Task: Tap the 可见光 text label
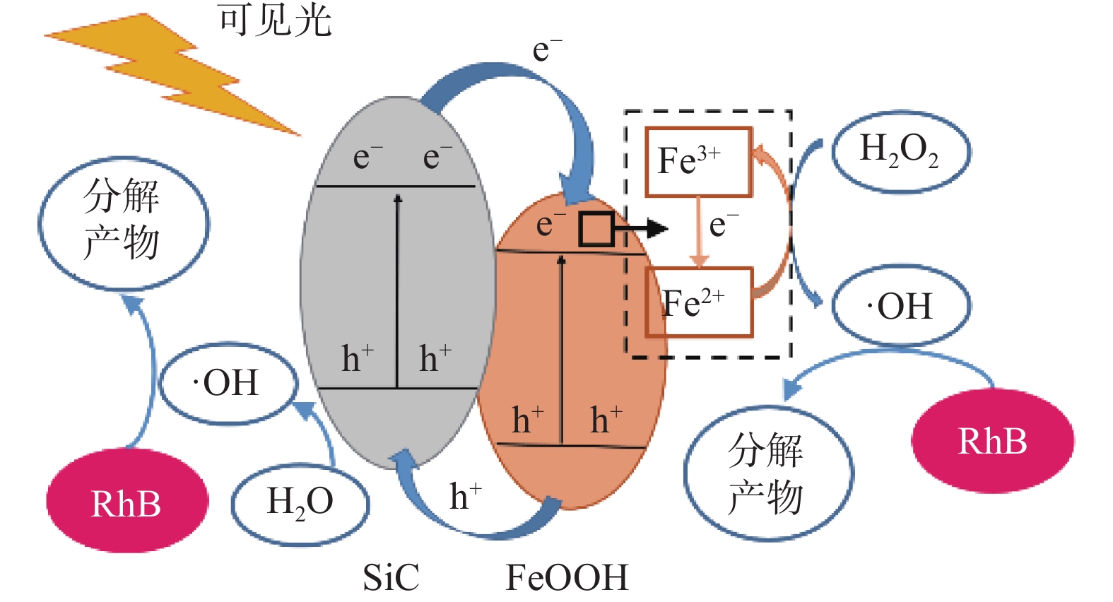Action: point(276,21)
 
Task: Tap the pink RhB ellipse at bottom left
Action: point(127,501)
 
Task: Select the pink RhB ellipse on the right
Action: point(993,440)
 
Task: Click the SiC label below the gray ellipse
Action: point(391,577)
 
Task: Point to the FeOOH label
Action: point(567,577)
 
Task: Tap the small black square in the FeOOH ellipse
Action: point(596,229)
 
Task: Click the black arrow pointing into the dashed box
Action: point(641,229)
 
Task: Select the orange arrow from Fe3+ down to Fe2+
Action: point(699,232)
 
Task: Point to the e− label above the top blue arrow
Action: point(547,49)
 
